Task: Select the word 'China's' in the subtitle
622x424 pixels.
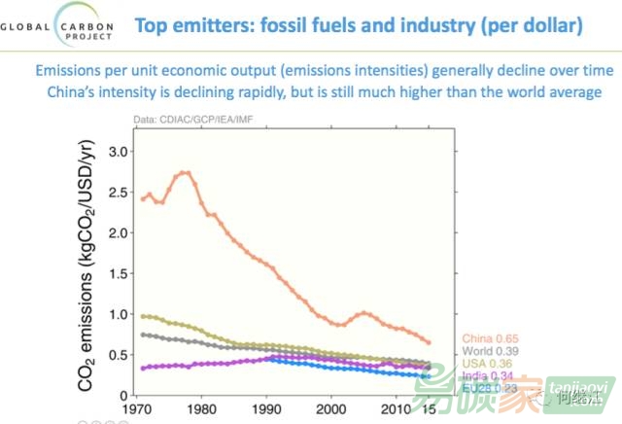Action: [79, 92]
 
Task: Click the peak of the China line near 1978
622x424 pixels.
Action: [186, 173]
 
